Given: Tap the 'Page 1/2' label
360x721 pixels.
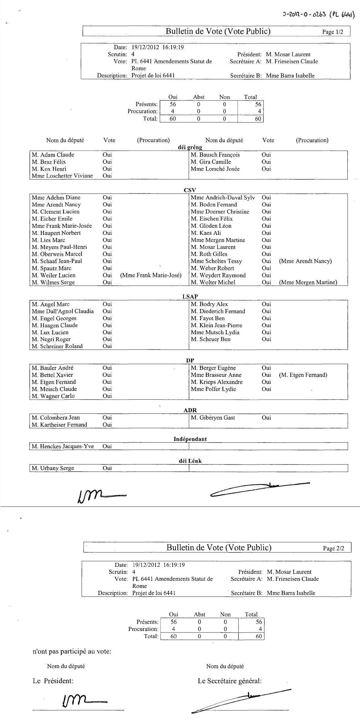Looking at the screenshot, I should tap(332, 32).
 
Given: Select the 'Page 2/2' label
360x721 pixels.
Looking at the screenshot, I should tap(333, 548).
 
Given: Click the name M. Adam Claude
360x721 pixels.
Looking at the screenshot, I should tap(53, 155).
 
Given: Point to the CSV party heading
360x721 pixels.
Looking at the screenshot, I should tap(190, 190).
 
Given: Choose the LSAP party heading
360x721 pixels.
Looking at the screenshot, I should tap(190, 297).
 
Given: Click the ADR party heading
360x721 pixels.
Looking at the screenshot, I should tap(190, 410).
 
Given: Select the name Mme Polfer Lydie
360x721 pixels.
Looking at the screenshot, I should tap(213, 389).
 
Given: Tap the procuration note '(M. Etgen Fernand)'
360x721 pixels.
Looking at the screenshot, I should tap(303, 375).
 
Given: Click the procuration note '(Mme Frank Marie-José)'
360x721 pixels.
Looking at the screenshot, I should tap(151, 275).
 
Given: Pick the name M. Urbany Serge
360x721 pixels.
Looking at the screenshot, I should tap(53, 468).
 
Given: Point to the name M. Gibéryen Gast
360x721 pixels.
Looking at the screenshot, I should tap(213, 418).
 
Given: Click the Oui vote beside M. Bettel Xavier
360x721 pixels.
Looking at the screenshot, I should tap(107, 375).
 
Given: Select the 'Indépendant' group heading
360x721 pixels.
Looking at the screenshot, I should tap(190, 439).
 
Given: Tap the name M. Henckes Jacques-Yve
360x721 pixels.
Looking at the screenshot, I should tap(63, 446).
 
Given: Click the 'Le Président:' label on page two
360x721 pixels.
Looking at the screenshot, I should tap(53, 681).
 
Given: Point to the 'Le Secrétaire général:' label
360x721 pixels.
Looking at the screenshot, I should tap(230, 681).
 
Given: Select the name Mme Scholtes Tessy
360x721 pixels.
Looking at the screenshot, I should tap(216, 261).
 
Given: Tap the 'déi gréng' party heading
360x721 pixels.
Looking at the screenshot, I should tap(190, 147).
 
